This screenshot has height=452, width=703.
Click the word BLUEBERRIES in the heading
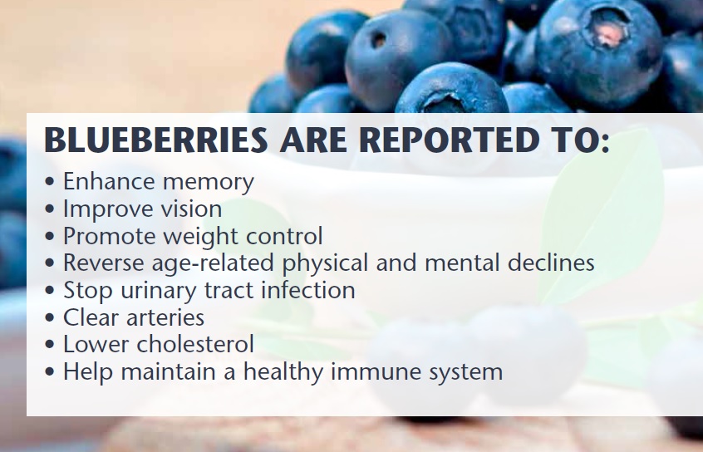tap(156, 140)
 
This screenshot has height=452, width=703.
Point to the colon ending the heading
tap(604, 143)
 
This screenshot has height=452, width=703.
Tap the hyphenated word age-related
tap(213, 263)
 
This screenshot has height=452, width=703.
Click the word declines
tap(551, 263)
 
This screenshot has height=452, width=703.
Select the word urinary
tap(159, 292)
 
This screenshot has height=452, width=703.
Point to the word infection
tap(308, 290)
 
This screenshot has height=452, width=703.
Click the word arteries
tap(165, 318)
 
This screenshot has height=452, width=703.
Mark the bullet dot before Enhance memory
tap(50, 182)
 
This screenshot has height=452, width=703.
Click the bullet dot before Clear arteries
tap(50, 318)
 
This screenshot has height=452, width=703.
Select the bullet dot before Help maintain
tap(50, 372)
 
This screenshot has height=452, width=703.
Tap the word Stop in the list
tap(88, 292)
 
